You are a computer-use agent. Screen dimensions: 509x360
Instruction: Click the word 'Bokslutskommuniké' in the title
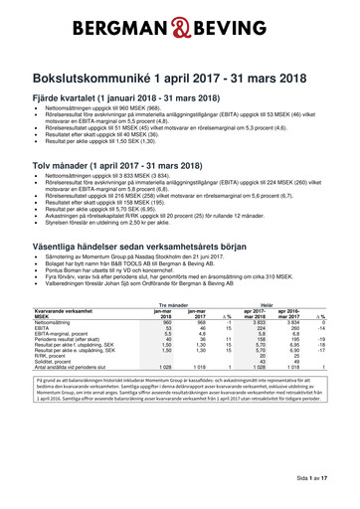pyautogui.click(x=97, y=76)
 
